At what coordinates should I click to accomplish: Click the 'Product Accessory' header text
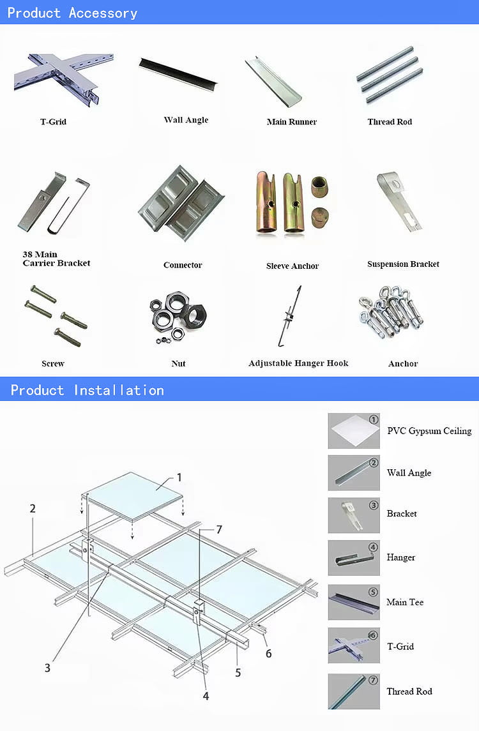72,13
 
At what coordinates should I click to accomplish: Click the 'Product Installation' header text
87,390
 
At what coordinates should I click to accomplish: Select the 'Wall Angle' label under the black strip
186,120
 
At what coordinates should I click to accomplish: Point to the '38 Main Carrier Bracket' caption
56,259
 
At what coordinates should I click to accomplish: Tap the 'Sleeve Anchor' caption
293,266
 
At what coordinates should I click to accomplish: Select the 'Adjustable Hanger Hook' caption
298,363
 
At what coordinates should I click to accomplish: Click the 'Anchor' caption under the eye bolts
403,363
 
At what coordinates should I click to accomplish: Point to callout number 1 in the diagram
179,477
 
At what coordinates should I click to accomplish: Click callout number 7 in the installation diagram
218,529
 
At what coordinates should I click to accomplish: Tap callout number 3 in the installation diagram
47,668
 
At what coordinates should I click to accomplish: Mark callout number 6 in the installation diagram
268,653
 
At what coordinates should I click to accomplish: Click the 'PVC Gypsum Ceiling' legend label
429,431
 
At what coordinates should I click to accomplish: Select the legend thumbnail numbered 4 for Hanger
354,558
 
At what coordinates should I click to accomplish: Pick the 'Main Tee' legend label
405,602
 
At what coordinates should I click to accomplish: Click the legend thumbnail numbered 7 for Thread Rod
354,691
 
